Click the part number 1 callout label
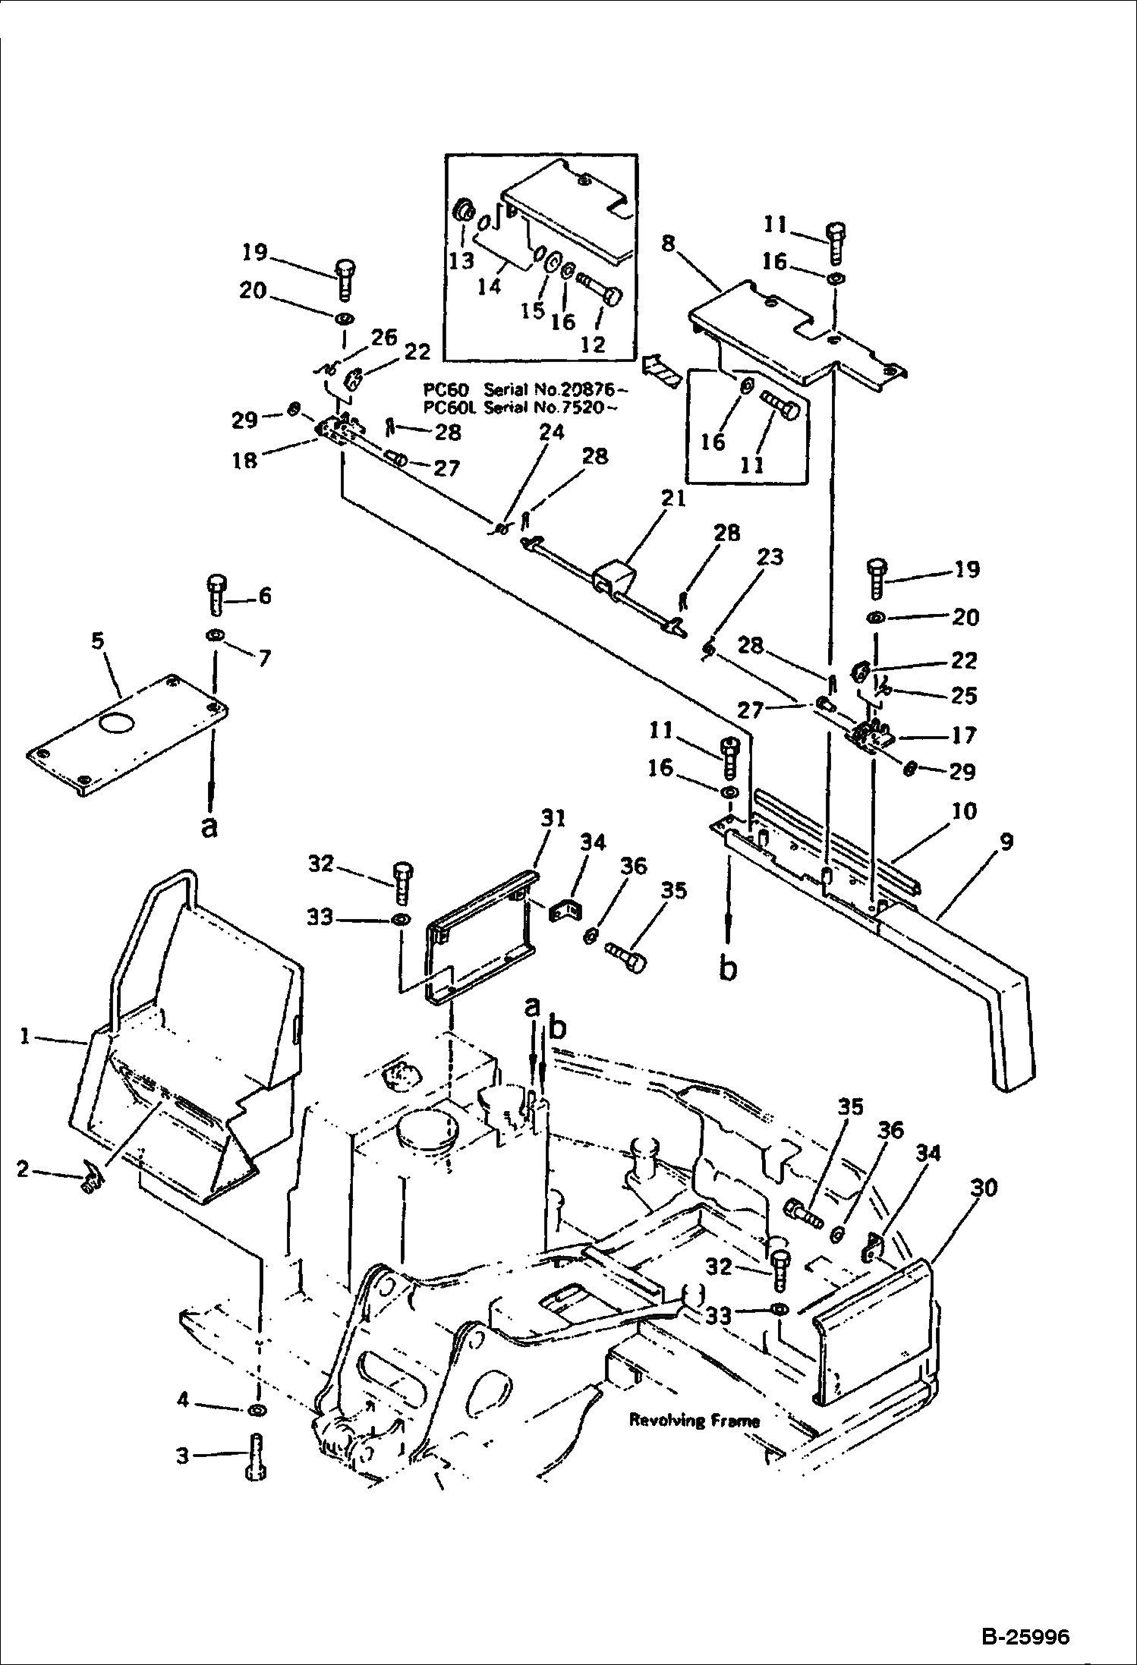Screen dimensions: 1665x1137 coord(25,1036)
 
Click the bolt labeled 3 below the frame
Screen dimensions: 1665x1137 coord(255,1458)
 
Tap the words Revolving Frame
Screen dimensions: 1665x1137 coord(694,1421)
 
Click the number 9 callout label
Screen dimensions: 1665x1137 coord(1006,843)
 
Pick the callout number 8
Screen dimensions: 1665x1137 coord(668,244)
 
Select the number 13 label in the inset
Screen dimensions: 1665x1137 coord(461,260)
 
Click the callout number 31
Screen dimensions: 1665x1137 coord(554,818)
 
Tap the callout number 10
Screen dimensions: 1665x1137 coord(964,811)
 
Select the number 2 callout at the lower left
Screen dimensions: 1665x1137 coord(24,1169)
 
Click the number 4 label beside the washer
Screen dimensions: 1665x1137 coord(182,1399)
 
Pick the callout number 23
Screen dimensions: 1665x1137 coord(769,558)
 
